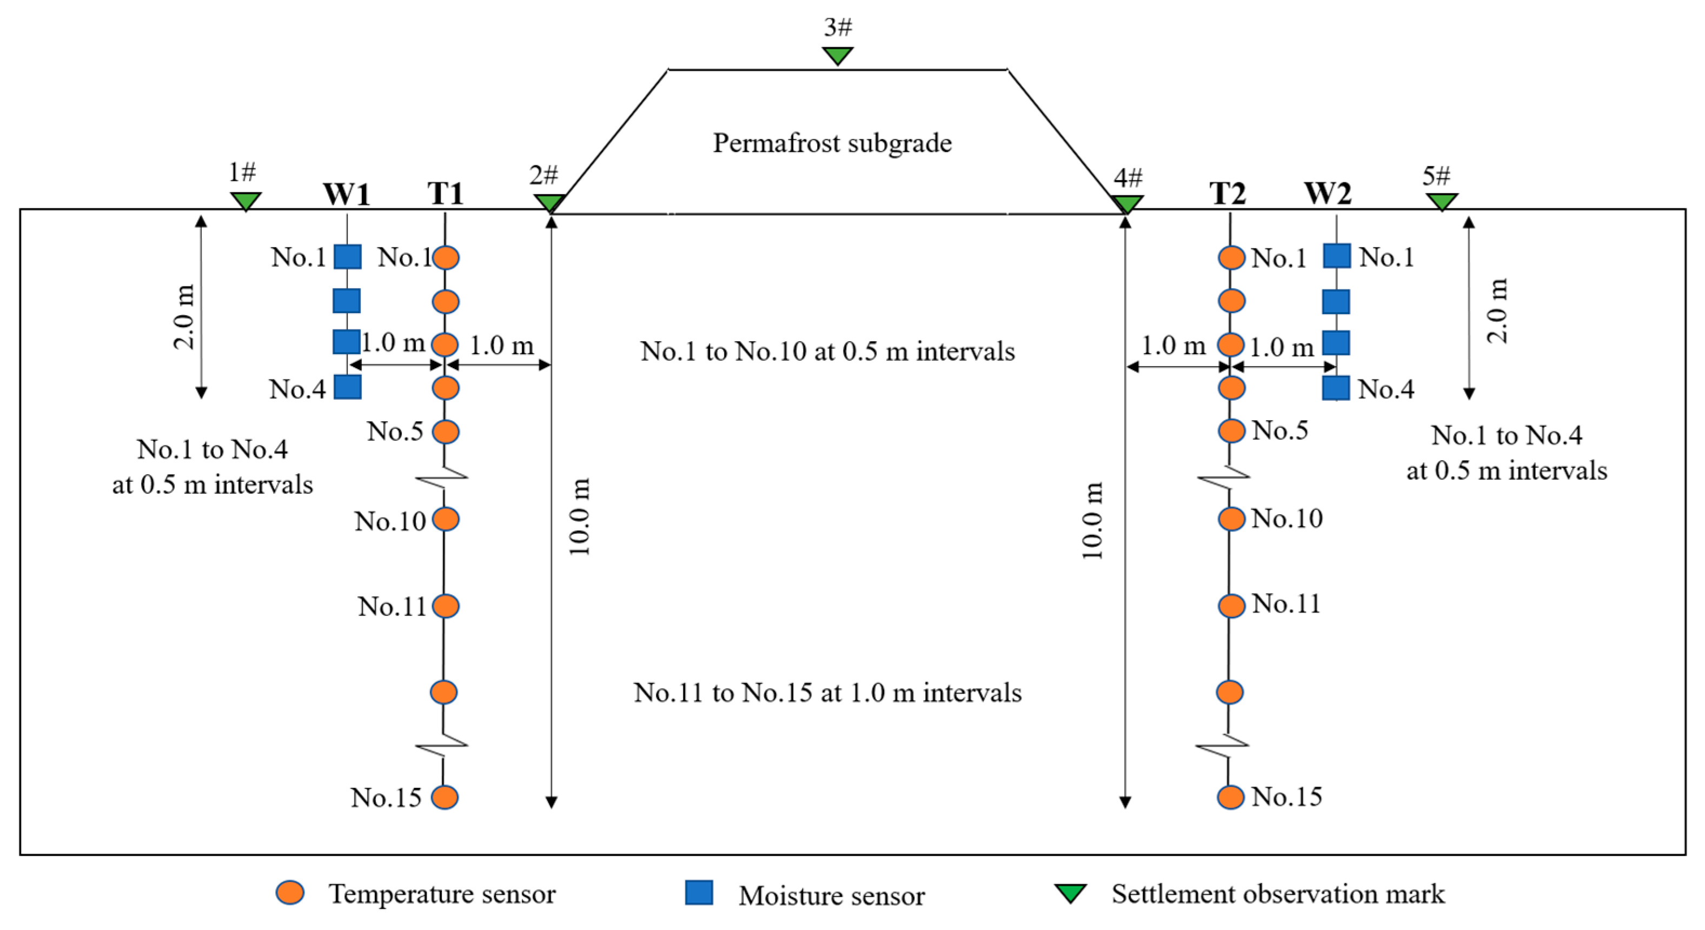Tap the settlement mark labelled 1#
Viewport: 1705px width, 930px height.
tap(246, 201)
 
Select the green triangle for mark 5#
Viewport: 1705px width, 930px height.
tap(1442, 201)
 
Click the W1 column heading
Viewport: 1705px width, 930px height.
tap(346, 194)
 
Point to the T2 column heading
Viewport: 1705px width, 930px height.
tap(1228, 194)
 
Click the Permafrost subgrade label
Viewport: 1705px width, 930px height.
tap(832, 143)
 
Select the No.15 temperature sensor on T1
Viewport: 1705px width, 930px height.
tap(445, 797)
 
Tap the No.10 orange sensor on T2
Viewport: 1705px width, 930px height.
tap(1231, 519)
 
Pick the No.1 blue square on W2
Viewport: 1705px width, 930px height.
tap(1336, 256)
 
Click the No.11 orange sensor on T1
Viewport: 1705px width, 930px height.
tap(446, 606)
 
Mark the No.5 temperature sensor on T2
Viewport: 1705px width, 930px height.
tap(1231, 430)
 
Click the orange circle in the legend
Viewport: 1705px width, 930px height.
tap(290, 892)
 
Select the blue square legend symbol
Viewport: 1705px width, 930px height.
tap(699, 892)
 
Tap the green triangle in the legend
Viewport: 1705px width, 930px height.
tap(1070, 893)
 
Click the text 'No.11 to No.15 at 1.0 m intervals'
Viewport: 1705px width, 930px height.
tap(827, 693)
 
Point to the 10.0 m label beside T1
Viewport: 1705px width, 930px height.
tap(579, 516)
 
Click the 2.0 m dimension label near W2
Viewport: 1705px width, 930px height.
tap(1497, 310)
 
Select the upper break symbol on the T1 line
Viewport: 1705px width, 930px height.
tap(443, 476)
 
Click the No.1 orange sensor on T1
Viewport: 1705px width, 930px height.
tap(446, 257)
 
